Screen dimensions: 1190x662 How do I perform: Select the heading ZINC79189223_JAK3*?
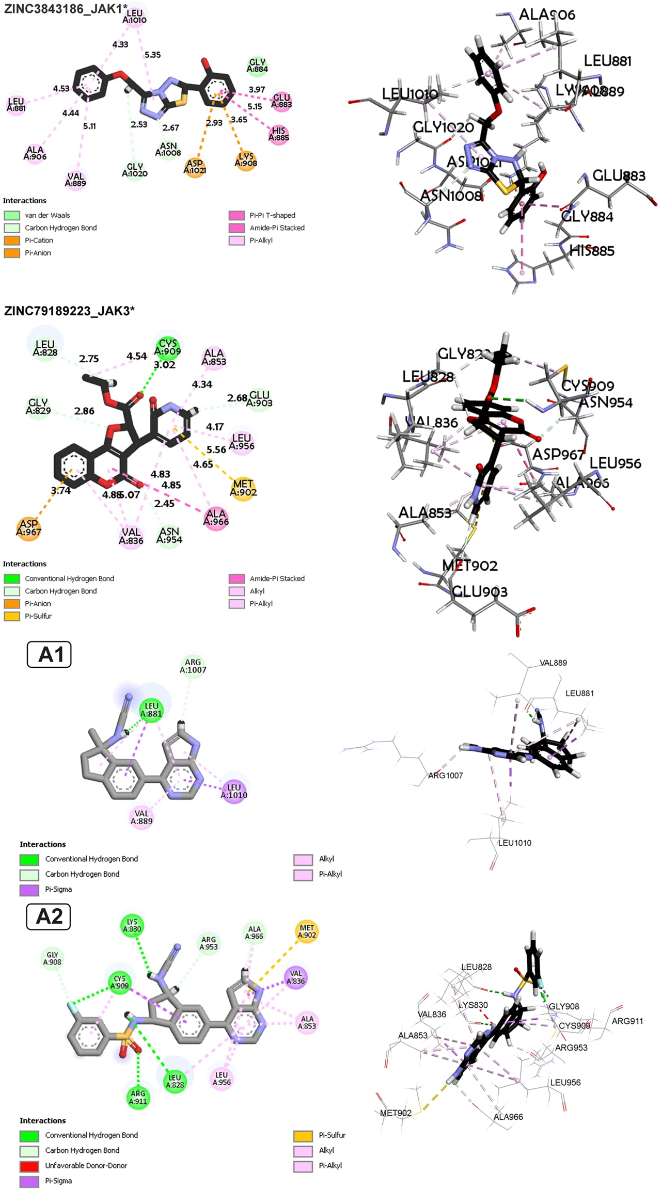(x=69, y=311)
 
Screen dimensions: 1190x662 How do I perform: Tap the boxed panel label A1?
(x=49, y=655)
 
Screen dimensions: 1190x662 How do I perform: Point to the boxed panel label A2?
(x=49, y=916)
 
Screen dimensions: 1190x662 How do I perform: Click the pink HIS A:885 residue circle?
(x=278, y=134)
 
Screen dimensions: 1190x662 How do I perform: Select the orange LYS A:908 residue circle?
(x=246, y=159)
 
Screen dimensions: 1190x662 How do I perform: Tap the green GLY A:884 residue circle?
(x=257, y=66)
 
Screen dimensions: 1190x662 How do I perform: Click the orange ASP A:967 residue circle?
(x=28, y=528)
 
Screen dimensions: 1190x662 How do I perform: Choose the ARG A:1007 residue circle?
(x=193, y=666)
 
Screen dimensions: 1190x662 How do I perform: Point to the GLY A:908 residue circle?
(x=53, y=958)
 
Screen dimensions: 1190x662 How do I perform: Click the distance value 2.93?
(x=214, y=123)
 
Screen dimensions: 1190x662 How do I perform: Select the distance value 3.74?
(x=61, y=491)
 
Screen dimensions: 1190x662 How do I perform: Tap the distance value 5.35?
(x=152, y=55)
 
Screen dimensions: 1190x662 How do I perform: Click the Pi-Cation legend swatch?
(x=12, y=240)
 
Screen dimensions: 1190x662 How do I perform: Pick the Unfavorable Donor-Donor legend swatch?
(x=29, y=1165)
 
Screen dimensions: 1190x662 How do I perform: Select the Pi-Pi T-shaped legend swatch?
(x=237, y=215)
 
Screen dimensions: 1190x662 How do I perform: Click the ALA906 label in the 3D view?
(x=547, y=14)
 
